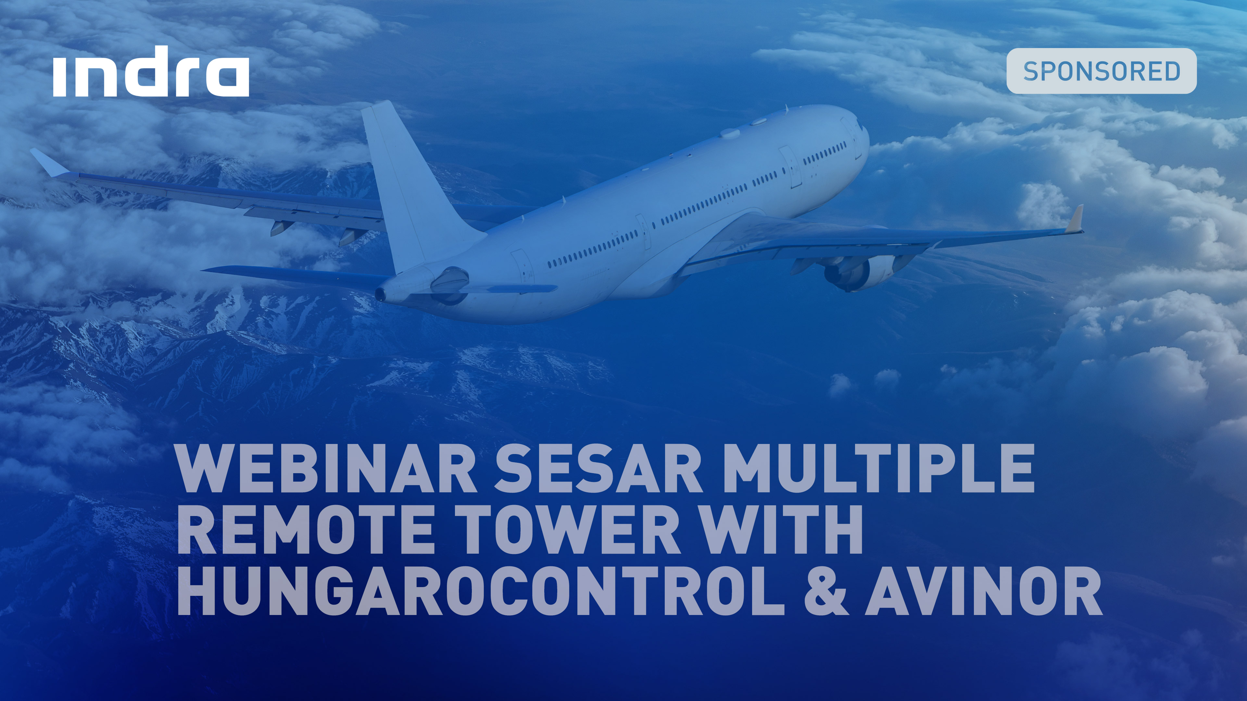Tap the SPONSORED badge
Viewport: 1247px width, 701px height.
(x=1101, y=71)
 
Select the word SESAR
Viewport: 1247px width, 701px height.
(x=598, y=469)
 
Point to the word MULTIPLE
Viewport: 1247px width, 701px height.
(x=879, y=469)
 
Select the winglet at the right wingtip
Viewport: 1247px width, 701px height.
(x=1076, y=220)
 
